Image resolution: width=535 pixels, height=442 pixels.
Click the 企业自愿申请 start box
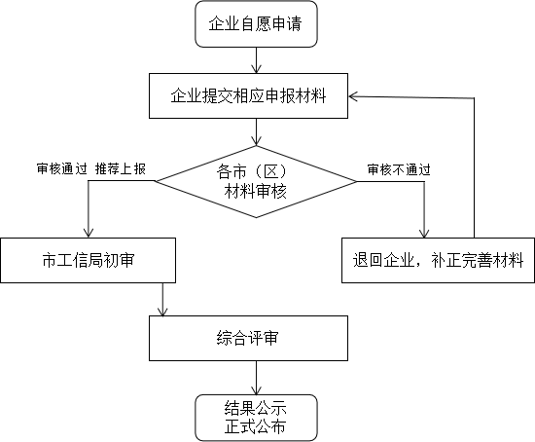coord(256,26)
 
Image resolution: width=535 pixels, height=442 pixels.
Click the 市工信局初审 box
coord(89,260)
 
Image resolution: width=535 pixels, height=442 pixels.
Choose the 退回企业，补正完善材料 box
coord(438,260)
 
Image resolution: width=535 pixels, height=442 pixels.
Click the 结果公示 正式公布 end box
coord(256,416)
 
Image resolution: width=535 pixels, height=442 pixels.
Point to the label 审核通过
coord(61,168)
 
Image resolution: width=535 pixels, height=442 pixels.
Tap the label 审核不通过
coord(398,168)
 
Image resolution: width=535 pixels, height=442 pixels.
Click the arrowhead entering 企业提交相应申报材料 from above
coord(256,68)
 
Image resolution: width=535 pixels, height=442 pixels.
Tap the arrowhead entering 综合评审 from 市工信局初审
coord(162,311)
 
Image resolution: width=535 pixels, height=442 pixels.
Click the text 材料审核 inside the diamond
coord(256,191)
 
